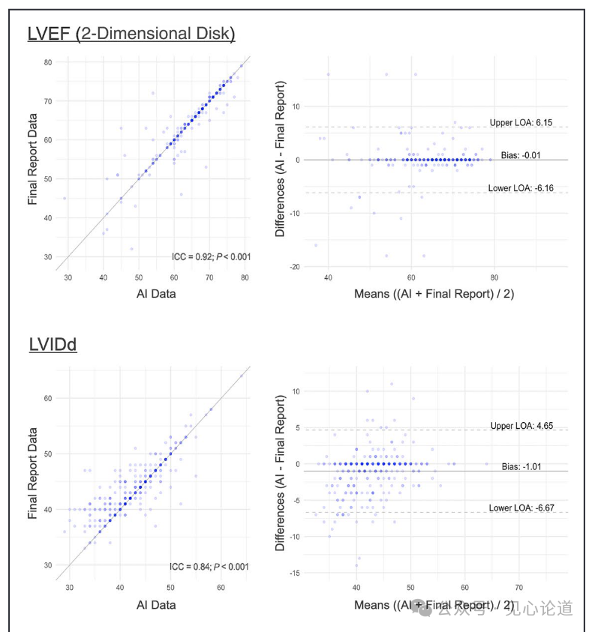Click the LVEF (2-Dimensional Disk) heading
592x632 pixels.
point(131,34)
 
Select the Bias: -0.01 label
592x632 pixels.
point(520,154)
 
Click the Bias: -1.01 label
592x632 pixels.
point(521,466)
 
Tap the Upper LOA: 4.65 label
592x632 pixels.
point(521,426)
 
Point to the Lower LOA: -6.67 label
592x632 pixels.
point(521,508)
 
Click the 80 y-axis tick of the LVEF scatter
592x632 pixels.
point(47,62)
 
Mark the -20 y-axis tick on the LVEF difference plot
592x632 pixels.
point(296,267)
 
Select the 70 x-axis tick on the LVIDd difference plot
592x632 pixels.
point(519,588)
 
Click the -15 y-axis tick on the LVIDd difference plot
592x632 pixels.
point(296,573)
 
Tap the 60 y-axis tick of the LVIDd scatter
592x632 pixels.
point(47,398)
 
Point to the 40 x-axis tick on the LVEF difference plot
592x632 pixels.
point(328,278)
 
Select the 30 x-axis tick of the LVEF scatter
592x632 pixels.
point(68,278)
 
